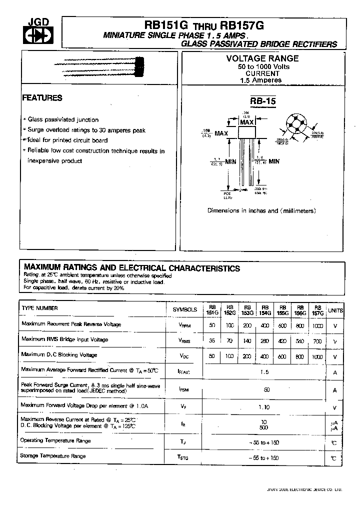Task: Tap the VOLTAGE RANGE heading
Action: pos(262,58)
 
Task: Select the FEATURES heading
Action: pos(42,98)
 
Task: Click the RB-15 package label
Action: pos(263,101)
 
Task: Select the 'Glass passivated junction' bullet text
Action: pos(63,120)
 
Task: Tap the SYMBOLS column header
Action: pos(184,309)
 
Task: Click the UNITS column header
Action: pos(335,310)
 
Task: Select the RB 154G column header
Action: pos(265,310)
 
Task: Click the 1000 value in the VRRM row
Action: pos(317,324)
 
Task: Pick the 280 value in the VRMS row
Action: pos(265,340)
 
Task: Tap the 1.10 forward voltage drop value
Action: pos(264,407)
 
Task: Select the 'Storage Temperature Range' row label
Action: pos(53,456)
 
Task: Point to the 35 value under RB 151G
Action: pos(212,340)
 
